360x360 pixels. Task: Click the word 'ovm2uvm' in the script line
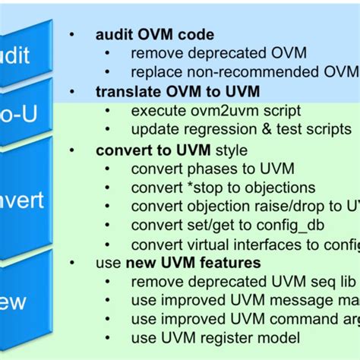(x=210, y=110)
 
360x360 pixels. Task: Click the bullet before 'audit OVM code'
(x=71, y=35)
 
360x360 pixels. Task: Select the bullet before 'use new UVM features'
(x=71, y=263)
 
